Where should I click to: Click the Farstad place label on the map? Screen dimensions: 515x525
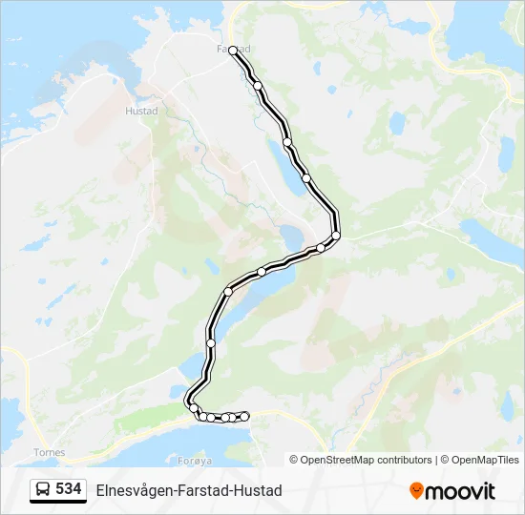233,48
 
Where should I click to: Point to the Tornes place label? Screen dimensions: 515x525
49,452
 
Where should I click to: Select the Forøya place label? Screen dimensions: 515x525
195,460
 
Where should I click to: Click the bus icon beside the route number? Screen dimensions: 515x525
43,490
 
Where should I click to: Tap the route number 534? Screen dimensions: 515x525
69,489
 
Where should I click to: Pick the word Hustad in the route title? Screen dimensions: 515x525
260,490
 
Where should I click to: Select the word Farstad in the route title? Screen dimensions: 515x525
203,490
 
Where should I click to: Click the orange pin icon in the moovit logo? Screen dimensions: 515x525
416,490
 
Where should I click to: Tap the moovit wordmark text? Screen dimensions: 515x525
461,491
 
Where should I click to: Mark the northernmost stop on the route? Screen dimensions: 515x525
233,51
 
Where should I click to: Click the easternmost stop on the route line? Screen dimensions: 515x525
336,236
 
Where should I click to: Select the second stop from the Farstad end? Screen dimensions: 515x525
258,86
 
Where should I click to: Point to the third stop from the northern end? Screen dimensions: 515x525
286,142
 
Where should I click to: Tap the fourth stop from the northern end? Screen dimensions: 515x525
305,177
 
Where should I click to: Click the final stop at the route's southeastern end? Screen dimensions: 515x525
245,416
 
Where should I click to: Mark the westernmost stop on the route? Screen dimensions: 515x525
194,408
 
